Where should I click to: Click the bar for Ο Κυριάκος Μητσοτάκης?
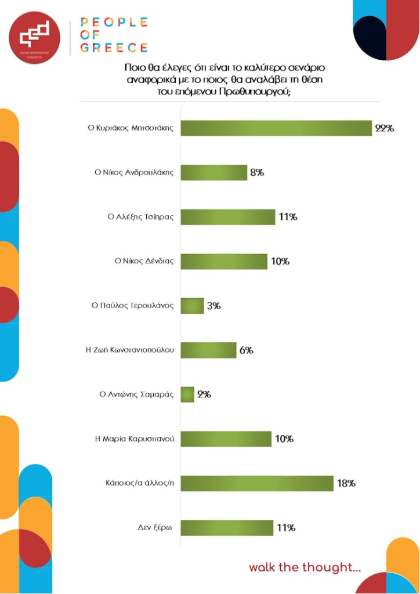click(x=276, y=128)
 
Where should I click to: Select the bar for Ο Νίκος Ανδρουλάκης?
click(x=214, y=172)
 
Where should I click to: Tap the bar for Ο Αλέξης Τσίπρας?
click(x=228, y=217)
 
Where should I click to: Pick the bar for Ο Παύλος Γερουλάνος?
click(x=193, y=306)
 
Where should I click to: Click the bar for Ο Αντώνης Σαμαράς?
click(x=187, y=394)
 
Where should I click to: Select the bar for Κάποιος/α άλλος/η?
click(x=257, y=483)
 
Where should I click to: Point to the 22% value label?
click(x=384, y=128)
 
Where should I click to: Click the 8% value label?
click(x=257, y=172)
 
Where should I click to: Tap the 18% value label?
click(x=346, y=483)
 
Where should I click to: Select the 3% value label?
click(x=214, y=306)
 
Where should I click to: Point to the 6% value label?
click(x=245, y=350)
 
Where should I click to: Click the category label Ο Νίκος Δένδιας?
click(x=144, y=261)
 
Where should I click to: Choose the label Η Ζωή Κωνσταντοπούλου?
click(x=130, y=350)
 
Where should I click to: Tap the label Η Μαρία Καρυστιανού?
click(x=135, y=439)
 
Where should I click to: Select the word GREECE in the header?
click(x=114, y=48)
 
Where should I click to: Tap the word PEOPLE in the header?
click(x=114, y=22)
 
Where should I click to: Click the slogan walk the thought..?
click(x=305, y=567)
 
